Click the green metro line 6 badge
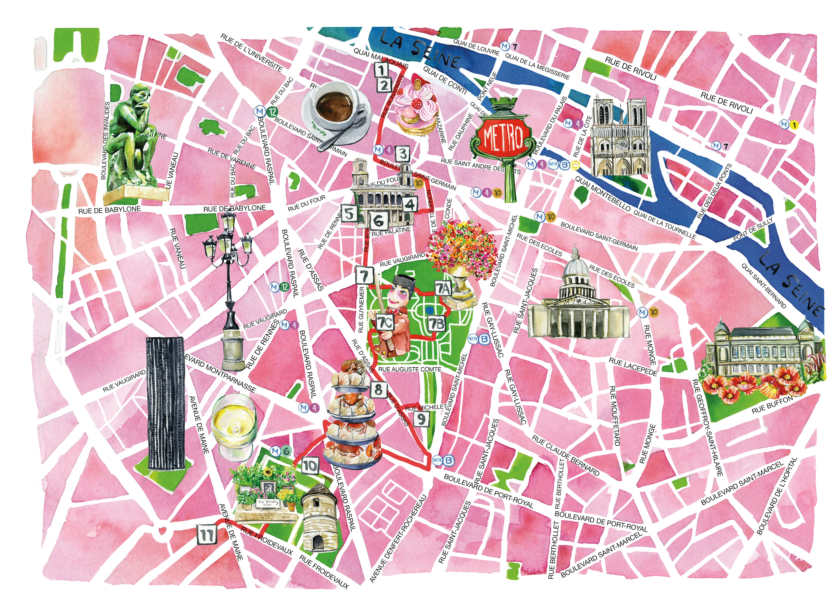pos(286,451)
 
